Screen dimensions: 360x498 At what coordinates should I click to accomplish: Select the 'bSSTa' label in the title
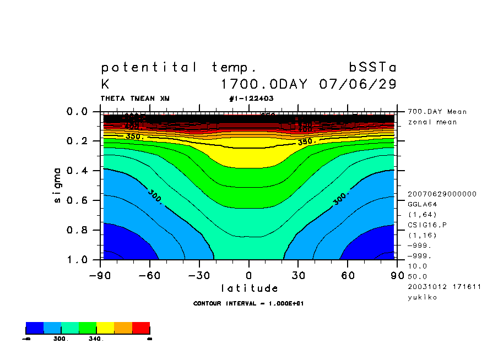[x=372, y=68]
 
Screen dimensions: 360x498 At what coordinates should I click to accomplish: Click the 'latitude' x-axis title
[x=249, y=288]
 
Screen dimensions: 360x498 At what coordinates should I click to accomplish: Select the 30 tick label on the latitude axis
[x=298, y=275]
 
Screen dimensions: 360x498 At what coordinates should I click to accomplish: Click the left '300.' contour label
[x=155, y=197]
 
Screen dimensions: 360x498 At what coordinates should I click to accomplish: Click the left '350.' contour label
[x=134, y=136]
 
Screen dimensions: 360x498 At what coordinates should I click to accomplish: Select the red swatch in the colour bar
[x=141, y=328]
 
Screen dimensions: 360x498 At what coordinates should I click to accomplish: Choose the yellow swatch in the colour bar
[x=105, y=328]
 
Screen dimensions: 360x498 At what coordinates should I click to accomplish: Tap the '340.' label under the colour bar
[x=96, y=339]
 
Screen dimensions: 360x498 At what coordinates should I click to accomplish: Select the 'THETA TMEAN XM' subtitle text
[x=135, y=99]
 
